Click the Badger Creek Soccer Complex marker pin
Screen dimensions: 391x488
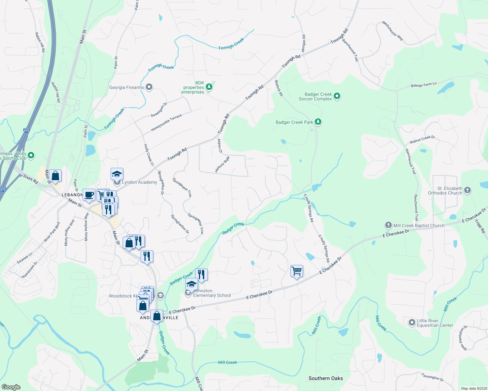[337, 96]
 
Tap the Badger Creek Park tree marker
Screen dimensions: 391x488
[318, 122]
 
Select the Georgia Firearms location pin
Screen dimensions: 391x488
[149, 87]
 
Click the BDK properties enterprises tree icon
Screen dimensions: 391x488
[209, 87]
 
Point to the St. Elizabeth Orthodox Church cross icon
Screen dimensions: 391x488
[467, 190]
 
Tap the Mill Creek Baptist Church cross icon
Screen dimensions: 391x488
[388, 225]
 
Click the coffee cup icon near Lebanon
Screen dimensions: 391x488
[89, 195]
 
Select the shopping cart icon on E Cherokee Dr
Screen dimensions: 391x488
[297, 271]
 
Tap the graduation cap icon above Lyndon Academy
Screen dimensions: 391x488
[117, 175]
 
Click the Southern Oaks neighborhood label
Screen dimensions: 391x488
[326, 378]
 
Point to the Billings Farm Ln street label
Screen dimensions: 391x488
[423, 85]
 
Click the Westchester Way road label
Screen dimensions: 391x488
[393, 31]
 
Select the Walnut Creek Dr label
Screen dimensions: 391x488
[422, 140]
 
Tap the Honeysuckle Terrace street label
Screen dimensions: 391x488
[166, 123]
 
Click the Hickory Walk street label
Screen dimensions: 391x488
[222, 164]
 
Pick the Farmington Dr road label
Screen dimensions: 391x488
[433, 377]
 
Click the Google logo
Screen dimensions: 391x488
[11, 387]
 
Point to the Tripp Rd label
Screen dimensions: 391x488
[480, 226]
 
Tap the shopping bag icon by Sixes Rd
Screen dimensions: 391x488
[55, 176]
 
